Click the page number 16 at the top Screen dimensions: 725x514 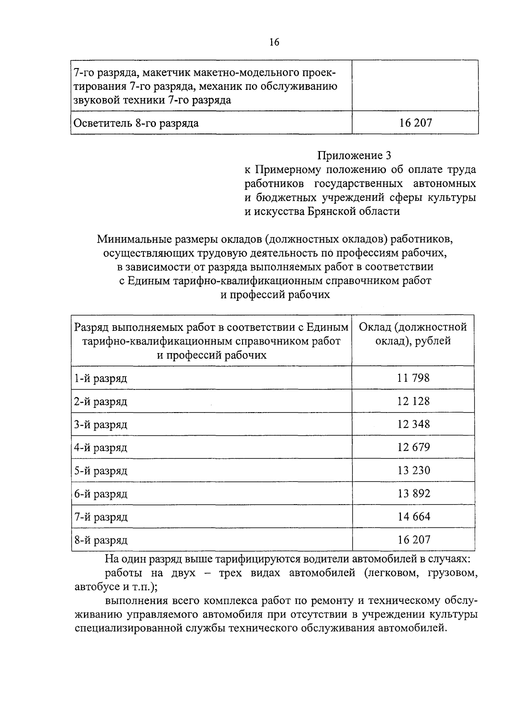coord(274,42)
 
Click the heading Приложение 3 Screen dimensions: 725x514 coord(354,155)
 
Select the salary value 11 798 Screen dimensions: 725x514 coord(413,378)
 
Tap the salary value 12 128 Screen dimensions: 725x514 coord(413,401)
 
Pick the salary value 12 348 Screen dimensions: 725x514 coord(413,424)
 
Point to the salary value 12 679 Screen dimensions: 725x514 coord(413,447)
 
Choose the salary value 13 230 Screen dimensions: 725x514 coord(413,470)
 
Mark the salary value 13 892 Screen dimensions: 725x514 coord(413,493)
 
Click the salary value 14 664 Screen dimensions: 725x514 coord(413,517)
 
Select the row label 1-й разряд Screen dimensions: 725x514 coord(101,379)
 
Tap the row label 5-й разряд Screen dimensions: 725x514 coord(101,471)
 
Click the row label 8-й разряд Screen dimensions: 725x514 coord(101,541)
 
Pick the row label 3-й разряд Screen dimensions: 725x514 coord(101,425)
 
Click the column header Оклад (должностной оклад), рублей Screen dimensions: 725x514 coord(413,334)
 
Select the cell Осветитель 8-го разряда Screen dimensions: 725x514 coord(136,124)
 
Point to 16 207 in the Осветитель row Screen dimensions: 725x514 coord(415,123)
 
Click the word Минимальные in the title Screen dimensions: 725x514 coord(135,238)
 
